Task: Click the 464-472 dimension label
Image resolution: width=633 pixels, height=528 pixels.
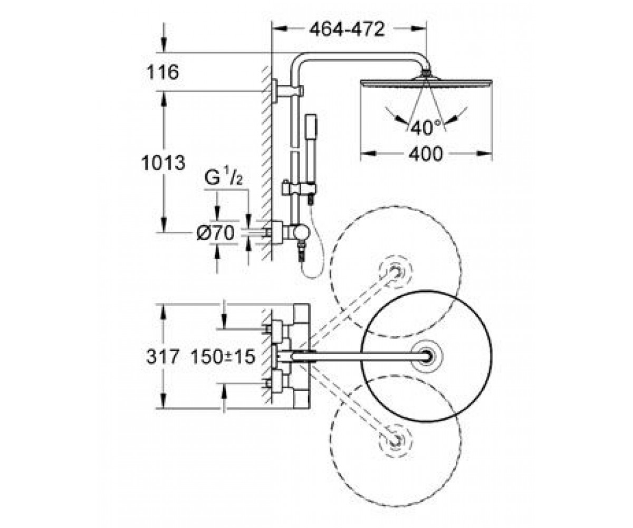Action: (x=347, y=30)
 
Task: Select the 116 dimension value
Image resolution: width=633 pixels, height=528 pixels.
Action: (x=162, y=72)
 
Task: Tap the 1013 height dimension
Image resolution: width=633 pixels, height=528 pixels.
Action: (x=163, y=163)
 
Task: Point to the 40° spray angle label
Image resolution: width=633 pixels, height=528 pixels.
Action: (x=426, y=127)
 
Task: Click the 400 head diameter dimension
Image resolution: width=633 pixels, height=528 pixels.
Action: (x=426, y=154)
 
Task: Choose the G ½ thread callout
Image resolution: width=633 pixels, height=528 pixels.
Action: (x=224, y=177)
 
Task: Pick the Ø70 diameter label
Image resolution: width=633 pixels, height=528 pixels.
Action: (x=216, y=233)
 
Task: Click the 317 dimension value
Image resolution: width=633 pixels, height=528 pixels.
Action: (x=162, y=357)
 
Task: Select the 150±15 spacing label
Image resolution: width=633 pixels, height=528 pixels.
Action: (x=223, y=357)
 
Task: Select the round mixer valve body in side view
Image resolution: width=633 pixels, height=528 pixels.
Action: (x=302, y=233)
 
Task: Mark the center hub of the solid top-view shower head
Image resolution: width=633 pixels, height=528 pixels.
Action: (x=427, y=356)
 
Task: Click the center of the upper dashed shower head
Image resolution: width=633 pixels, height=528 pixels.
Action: (x=395, y=271)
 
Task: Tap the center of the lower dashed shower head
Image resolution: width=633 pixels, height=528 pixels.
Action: (x=395, y=440)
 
